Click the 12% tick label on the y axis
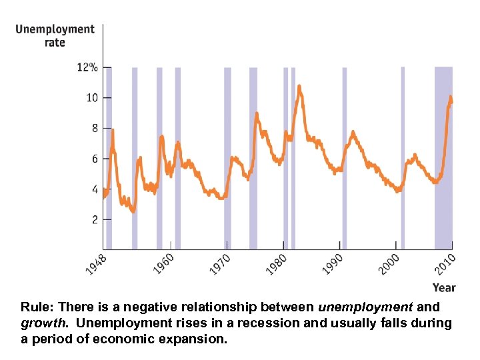87,67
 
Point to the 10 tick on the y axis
91,98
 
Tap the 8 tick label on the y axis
94,128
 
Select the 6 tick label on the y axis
94,159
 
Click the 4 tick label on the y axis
94,189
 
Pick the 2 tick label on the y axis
94,219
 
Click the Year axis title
444,288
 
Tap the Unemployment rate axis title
55,35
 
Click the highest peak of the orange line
299,86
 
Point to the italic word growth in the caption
41,323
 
